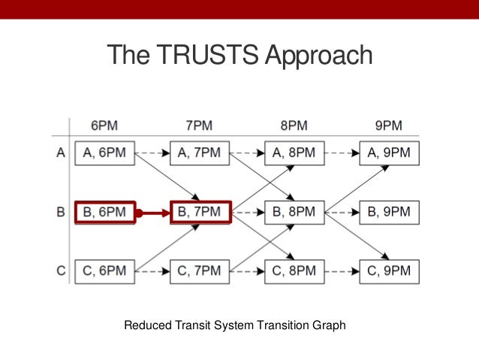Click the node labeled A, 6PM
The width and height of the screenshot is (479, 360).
pos(104,153)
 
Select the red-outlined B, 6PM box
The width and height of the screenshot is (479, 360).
pos(104,212)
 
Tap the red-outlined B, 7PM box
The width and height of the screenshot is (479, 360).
pos(200,212)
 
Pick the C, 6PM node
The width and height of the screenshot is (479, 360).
pos(104,271)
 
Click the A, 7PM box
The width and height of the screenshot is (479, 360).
pos(200,153)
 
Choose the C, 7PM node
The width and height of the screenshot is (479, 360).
pos(200,271)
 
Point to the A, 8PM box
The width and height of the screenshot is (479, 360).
pos(294,153)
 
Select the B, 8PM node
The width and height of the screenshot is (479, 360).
pos(294,212)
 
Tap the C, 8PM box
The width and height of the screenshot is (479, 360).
pos(294,271)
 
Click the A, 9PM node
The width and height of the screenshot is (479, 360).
pos(389,153)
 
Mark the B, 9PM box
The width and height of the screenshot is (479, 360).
pos(389,212)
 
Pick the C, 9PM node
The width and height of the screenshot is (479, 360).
pos(389,271)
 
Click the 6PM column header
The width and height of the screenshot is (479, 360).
pos(104,126)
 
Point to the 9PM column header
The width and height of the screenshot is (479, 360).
pos(389,126)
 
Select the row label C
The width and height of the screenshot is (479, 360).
pos(62,271)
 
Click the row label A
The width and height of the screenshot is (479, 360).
pos(62,153)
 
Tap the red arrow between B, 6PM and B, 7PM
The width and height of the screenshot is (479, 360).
pos(153,213)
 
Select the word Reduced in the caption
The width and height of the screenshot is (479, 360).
pos(146,325)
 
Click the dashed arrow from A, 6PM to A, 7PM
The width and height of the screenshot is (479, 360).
pos(152,153)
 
